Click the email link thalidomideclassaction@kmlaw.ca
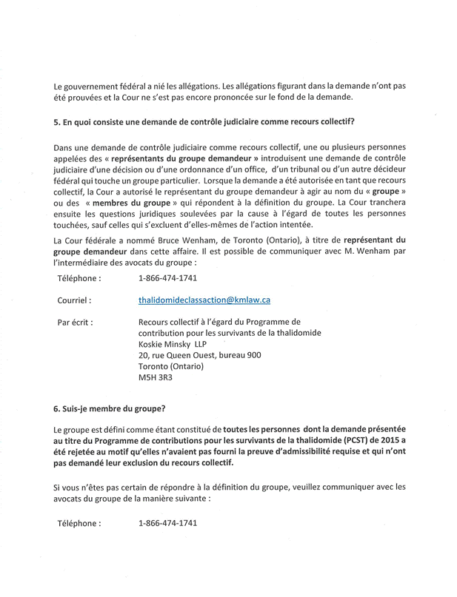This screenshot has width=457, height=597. point(204,300)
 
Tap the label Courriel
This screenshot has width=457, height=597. point(74,301)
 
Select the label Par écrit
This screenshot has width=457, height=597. point(75,323)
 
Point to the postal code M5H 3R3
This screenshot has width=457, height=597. point(153,378)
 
